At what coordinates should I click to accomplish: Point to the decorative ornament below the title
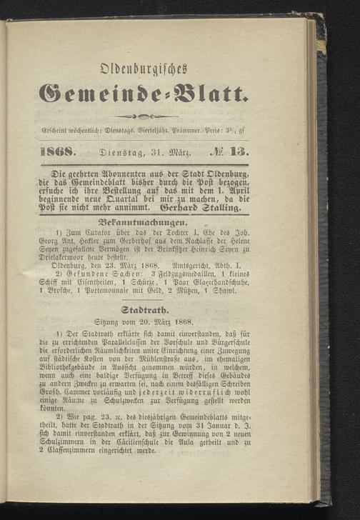pos(164,118)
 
